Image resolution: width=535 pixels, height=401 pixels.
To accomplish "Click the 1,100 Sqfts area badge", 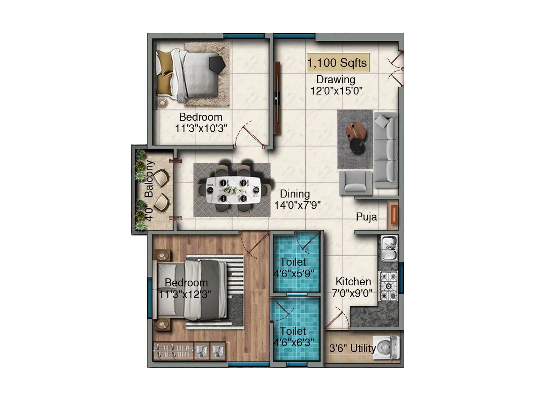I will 338,63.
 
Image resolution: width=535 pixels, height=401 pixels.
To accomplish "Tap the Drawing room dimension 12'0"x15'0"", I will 336,91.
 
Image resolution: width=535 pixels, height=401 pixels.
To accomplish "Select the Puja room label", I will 366,217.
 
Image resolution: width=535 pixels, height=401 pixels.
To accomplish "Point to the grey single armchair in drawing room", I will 355,183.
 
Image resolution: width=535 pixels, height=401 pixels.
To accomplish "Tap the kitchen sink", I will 389,248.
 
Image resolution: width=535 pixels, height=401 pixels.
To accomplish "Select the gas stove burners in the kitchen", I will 389,286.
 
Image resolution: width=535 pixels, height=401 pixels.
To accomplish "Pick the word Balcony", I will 149,179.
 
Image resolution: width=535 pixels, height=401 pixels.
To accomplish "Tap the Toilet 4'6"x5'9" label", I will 294,268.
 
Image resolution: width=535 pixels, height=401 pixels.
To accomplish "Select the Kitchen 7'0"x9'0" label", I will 353,287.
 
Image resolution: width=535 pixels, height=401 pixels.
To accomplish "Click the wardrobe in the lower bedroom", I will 189,351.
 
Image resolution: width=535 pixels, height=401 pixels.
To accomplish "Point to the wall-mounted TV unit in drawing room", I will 277,98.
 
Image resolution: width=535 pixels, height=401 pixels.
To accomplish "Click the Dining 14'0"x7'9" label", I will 296,199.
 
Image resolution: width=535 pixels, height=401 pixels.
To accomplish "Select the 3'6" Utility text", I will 352,349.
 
